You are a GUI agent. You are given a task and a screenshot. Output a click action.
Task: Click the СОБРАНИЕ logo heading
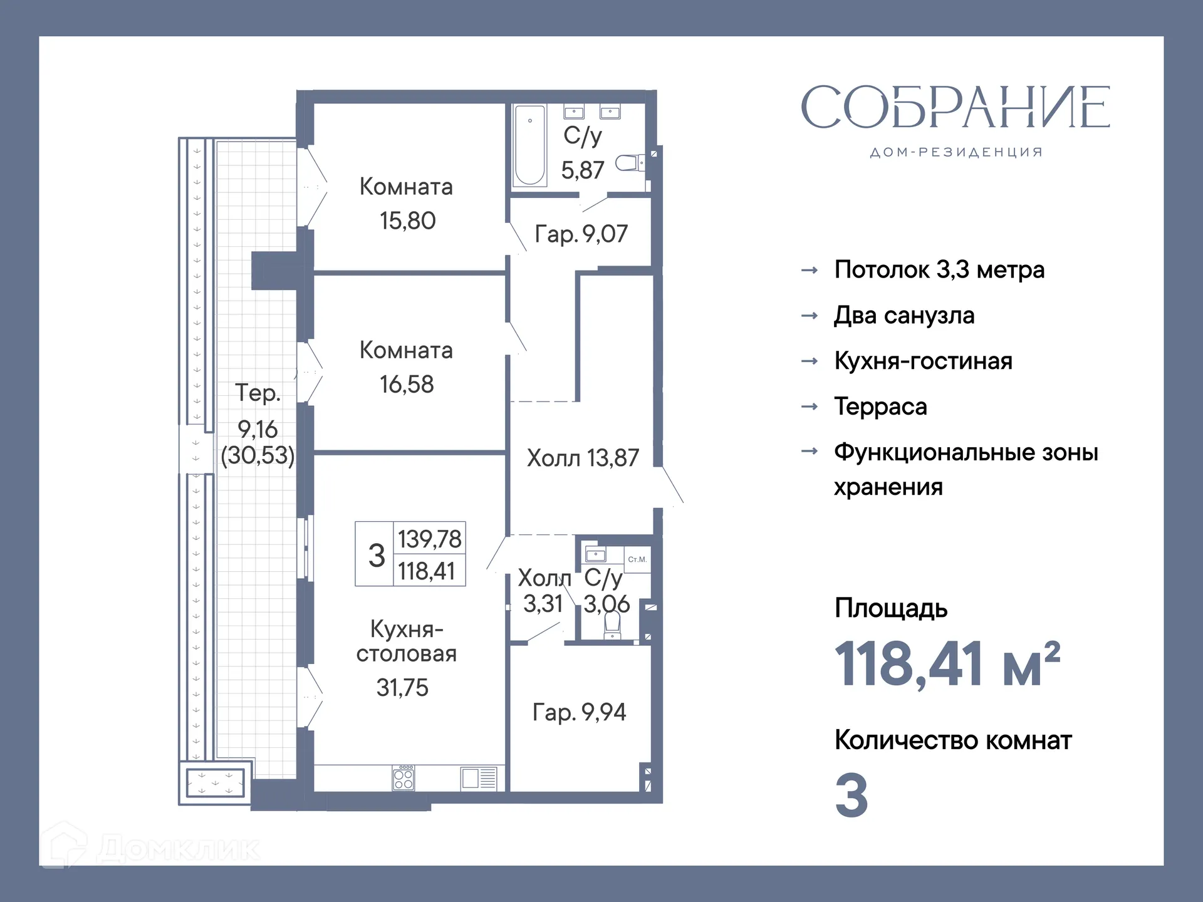(x=956, y=108)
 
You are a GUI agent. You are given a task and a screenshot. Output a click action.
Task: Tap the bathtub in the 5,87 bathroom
(x=529, y=146)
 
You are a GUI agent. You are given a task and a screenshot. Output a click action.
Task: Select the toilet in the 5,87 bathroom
(x=628, y=163)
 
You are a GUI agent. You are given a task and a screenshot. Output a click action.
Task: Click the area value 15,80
(x=407, y=221)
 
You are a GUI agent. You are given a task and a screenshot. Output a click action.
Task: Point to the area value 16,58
(x=407, y=385)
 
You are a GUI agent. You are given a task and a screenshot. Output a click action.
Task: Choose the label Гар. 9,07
(x=581, y=234)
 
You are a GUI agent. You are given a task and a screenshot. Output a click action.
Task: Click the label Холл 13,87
(x=583, y=459)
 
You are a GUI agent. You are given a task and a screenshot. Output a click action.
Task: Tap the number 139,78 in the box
(x=429, y=539)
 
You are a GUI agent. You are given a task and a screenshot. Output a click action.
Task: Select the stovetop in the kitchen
(x=404, y=779)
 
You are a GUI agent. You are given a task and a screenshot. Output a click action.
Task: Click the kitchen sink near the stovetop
(x=479, y=779)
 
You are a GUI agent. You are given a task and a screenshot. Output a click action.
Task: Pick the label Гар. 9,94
(x=579, y=712)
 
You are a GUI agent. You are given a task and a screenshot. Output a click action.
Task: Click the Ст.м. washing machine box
(x=637, y=559)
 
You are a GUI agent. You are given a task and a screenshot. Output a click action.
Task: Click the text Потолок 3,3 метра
(x=939, y=270)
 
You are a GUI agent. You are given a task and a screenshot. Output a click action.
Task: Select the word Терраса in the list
(x=880, y=407)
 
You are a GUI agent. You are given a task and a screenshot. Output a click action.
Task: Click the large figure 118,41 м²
(x=947, y=665)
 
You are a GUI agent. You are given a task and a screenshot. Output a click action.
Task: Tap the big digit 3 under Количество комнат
(x=851, y=796)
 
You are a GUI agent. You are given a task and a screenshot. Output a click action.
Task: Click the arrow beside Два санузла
(x=810, y=316)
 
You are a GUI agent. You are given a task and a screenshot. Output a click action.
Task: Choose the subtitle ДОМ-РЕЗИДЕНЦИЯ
(x=956, y=153)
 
